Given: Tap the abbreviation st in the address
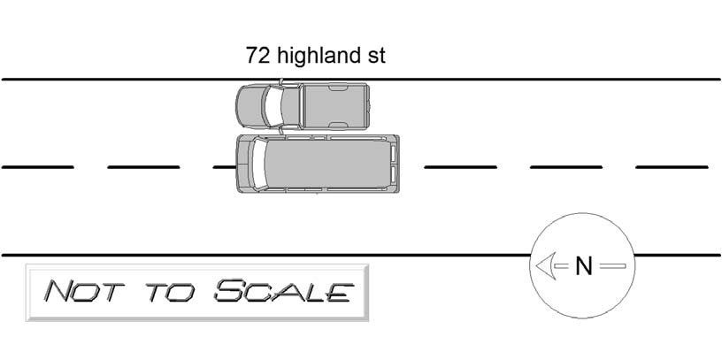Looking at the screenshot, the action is (376, 56).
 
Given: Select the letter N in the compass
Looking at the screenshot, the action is (583, 266).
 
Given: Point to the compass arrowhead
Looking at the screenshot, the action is (544, 265).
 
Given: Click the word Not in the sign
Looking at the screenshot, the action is (84, 291).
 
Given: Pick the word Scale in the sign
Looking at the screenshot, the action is (284, 290).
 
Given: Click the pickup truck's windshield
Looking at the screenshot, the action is (271, 106).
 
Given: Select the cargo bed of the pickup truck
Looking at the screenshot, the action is (335, 106).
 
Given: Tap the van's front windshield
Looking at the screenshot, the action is (258, 164).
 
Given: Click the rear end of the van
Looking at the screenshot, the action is (396, 164).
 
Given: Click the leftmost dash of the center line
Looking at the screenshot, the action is (38, 167).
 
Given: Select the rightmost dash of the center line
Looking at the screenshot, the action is (672, 167).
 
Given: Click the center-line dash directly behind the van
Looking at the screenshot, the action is (460, 167).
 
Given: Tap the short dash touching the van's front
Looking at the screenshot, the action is (225, 167).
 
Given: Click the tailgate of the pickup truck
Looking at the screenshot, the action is (368, 106).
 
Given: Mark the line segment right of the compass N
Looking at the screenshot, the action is (613, 265).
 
